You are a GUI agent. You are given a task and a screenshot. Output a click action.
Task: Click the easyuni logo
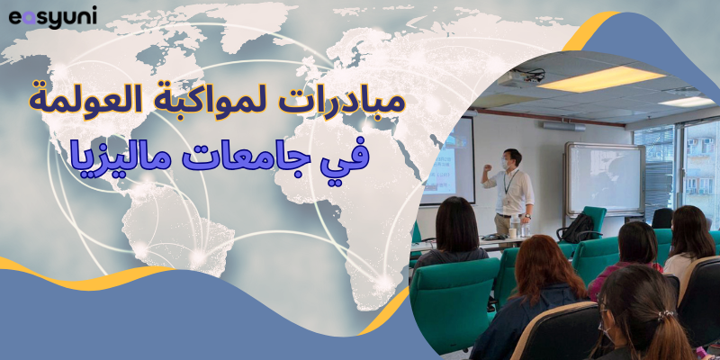coord(53,17)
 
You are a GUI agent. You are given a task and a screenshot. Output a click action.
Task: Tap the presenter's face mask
coord(506,164)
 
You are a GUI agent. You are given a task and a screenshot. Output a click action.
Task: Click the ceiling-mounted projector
coord(521,77)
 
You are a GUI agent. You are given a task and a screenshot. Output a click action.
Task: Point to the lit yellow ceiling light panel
coord(601,79)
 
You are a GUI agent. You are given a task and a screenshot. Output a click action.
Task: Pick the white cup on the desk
coord(512,233)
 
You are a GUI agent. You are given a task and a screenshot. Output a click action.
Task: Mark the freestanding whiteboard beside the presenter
coord(605,179)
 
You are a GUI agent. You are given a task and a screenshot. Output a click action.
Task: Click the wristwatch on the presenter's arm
coord(527,215)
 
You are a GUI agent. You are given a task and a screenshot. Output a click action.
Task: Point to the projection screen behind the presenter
coord(454,161)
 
